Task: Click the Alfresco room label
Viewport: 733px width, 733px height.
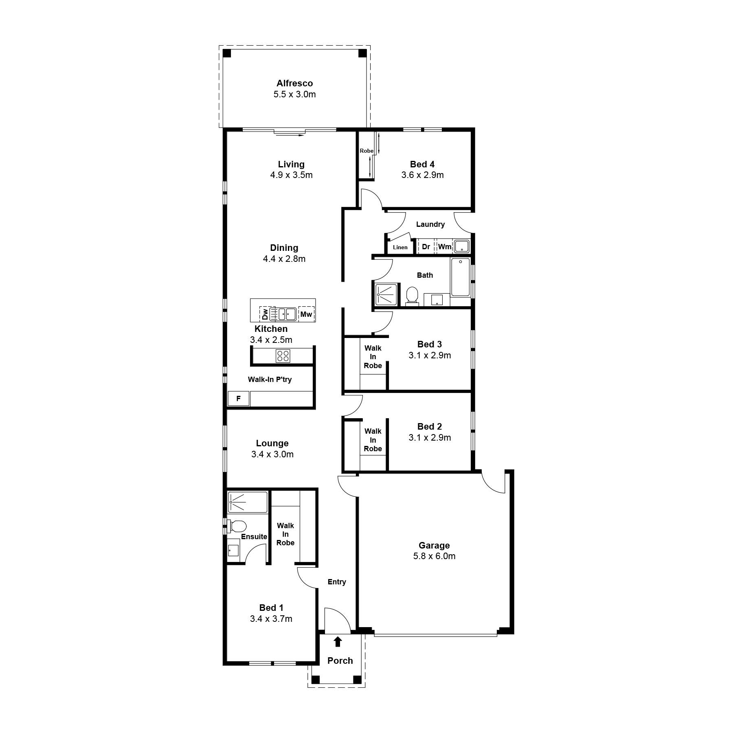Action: click(295, 83)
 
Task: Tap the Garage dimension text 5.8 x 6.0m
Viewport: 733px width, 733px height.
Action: click(434, 556)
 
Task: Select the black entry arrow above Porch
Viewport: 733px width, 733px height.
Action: click(338, 642)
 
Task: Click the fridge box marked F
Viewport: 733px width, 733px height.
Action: click(239, 398)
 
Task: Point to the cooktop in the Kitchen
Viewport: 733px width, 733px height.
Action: click(283, 356)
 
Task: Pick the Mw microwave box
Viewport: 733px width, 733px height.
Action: click(306, 314)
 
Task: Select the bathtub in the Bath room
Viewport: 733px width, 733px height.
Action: click(460, 277)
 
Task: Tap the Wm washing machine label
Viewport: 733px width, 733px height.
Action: click(445, 247)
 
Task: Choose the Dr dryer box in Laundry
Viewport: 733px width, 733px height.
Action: click(426, 246)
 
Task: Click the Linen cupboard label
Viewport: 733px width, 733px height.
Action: click(400, 247)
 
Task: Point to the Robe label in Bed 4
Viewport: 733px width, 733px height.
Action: click(366, 151)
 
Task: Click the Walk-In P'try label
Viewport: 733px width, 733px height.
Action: click(270, 380)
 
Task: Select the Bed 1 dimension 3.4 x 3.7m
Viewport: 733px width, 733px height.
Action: click(271, 619)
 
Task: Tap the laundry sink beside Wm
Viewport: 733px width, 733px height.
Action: click(462, 246)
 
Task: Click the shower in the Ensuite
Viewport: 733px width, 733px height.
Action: click(248, 502)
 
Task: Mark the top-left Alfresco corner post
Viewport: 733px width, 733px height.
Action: click(227, 53)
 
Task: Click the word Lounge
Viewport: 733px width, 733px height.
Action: click(272, 443)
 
